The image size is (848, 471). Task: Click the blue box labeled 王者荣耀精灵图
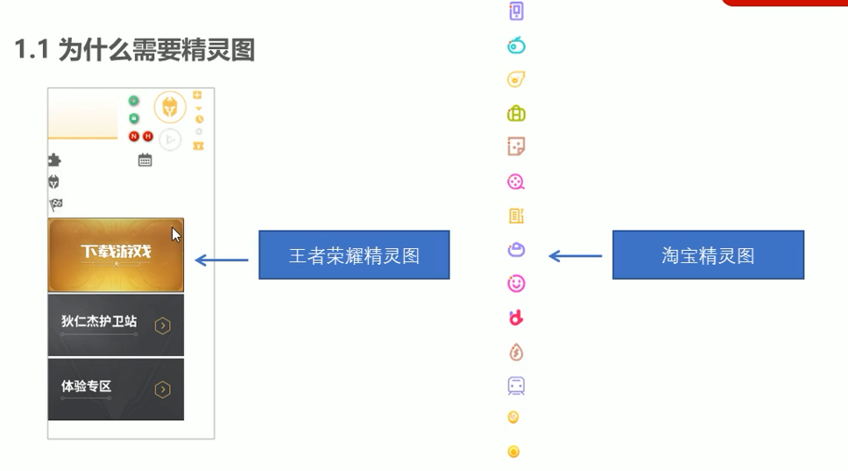click(354, 255)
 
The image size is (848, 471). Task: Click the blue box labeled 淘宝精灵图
click(708, 255)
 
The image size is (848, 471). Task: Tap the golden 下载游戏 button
click(116, 254)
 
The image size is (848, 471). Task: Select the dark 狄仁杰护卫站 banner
click(116, 325)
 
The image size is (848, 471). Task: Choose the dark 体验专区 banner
click(116, 389)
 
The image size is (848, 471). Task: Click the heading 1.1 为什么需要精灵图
click(135, 51)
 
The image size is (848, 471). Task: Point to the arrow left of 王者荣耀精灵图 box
click(222, 260)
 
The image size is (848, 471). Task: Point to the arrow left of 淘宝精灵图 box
click(576, 256)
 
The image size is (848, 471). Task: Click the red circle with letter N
click(134, 137)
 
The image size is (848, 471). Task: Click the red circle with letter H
click(148, 137)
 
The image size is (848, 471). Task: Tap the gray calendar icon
click(145, 161)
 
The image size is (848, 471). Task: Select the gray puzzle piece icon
click(54, 161)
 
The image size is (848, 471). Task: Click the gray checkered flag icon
click(56, 205)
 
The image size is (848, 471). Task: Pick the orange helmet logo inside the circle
click(170, 107)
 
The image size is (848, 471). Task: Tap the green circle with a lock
click(134, 118)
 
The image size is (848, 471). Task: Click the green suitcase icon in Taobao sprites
click(516, 113)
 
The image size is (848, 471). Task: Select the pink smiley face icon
click(516, 284)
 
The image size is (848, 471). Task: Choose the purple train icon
click(516, 386)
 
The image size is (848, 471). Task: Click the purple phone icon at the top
click(516, 11)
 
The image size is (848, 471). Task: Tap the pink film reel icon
click(516, 182)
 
